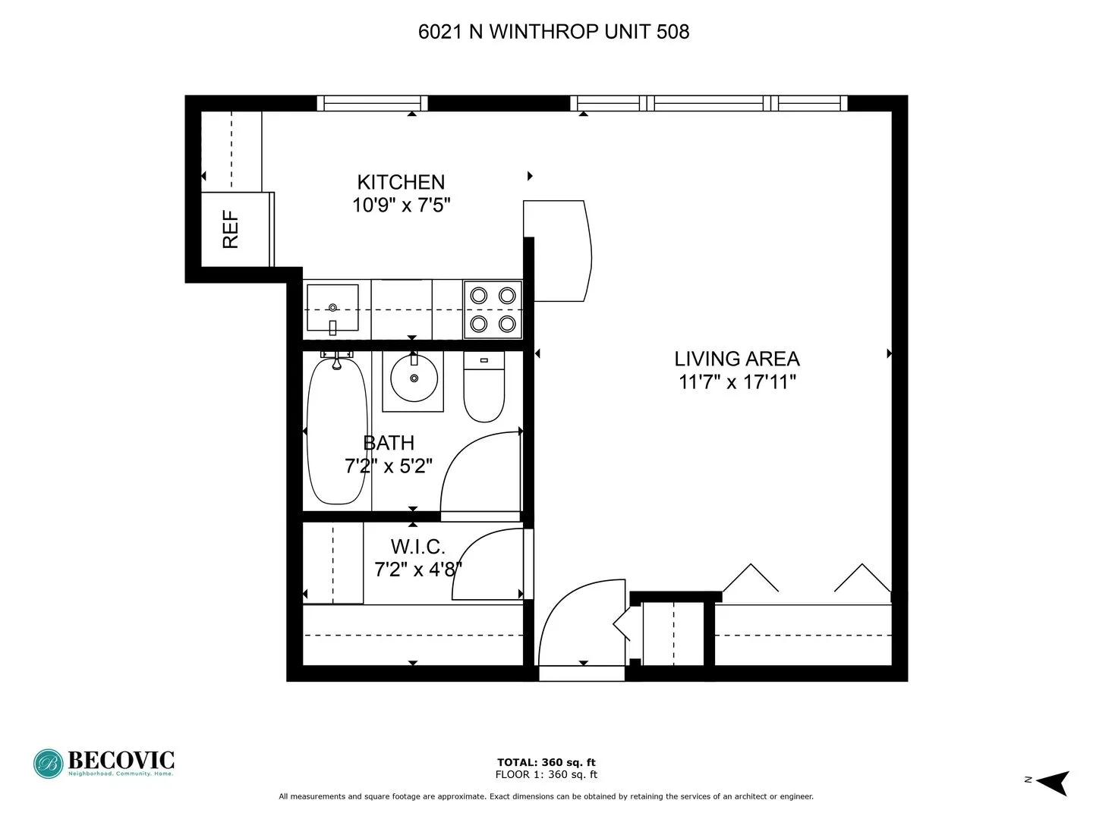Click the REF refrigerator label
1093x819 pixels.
click(231, 230)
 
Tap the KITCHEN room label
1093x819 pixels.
click(401, 182)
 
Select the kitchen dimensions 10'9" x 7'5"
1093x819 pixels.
click(401, 205)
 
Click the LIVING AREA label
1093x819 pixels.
click(737, 359)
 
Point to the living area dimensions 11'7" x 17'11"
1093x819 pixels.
click(737, 381)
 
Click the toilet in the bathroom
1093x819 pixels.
click(484, 388)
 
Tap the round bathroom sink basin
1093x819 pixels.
click(414, 378)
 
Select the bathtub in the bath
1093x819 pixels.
click(336, 432)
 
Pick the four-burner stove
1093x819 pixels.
click(493, 309)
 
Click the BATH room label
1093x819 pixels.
click(389, 443)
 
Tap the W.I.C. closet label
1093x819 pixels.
click(417, 547)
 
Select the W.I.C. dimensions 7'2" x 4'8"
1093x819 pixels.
click(417, 570)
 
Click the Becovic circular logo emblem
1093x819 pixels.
click(49, 764)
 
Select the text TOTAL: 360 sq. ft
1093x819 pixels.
click(546, 762)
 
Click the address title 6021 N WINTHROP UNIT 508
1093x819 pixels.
click(553, 31)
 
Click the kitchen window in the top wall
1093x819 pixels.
click(372, 103)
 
